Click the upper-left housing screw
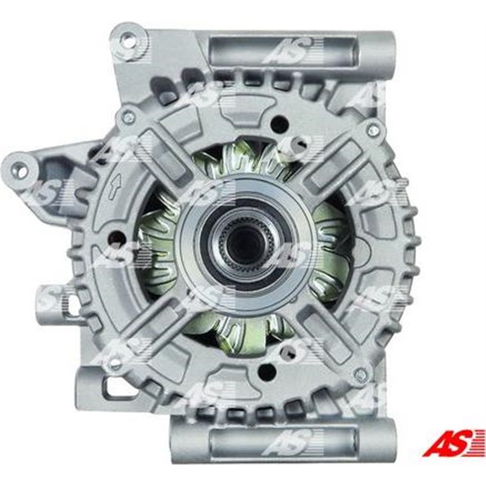tap(128, 117)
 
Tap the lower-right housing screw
tap(360, 375)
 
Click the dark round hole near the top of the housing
tap(278, 124)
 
